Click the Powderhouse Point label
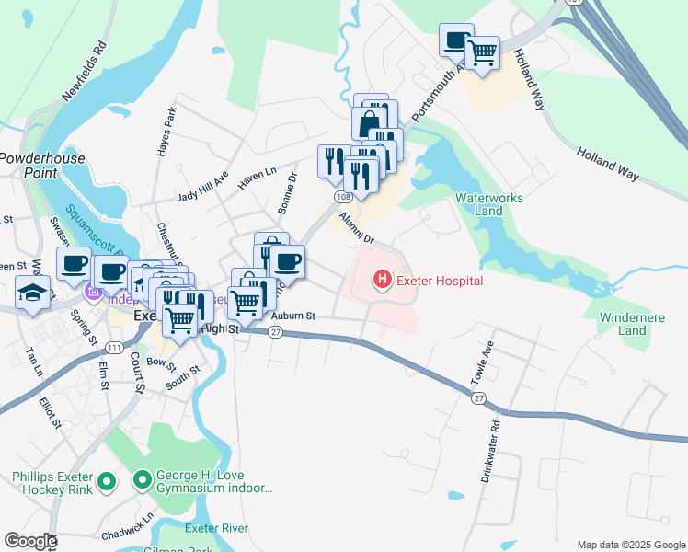(41, 166)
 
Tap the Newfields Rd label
(85, 71)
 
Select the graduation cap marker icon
(34, 293)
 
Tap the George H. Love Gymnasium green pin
(143, 480)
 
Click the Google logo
(30, 541)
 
